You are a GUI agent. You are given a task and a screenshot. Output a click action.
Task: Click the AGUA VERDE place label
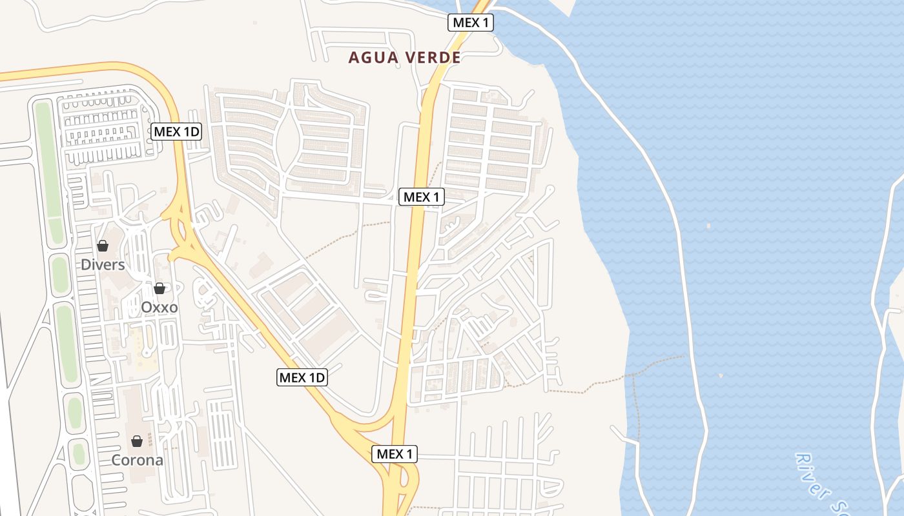pyautogui.click(x=404, y=57)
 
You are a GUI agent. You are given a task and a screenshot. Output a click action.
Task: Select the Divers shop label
pyautogui.click(x=103, y=264)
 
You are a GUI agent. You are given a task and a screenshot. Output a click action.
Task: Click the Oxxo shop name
pyautogui.click(x=159, y=307)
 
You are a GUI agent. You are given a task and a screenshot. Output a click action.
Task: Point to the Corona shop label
pyautogui.click(x=137, y=461)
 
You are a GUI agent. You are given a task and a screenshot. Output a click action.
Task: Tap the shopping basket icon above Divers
pyautogui.click(x=103, y=246)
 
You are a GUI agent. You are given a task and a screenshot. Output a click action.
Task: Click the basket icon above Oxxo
pyautogui.click(x=159, y=288)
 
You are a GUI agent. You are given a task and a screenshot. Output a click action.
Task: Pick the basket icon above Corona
pyautogui.click(x=137, y=442)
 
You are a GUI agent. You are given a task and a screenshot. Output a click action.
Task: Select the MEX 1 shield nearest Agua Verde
pyautogui.click(x=471, y=23)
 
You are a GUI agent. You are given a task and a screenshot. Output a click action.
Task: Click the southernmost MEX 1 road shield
pyautogui.click(x=395, y=454)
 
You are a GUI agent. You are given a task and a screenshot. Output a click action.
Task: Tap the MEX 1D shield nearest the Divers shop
pyautogui.click(x=177, y=132)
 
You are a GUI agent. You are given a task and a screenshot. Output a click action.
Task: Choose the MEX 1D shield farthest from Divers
pyautogui.click(x=302, y=377)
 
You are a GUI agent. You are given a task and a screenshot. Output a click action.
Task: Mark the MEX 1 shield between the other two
pyautogui.click(x=422, y=197)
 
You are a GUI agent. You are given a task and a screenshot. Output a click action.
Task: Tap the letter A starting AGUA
pyautogui.click(x=353, y=57)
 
